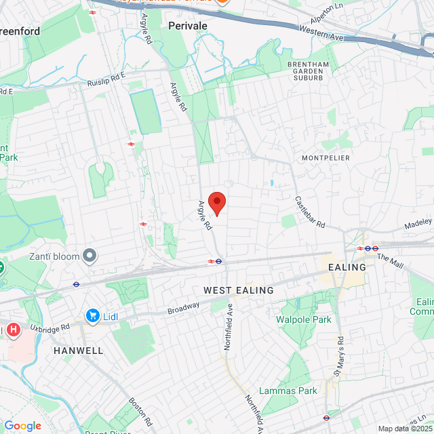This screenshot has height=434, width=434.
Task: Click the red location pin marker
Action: click(216, 202)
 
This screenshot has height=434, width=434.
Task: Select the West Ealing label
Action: click(239, 290)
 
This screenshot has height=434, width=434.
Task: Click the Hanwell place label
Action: click(79, 351)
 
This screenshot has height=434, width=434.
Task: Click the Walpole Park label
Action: click(303, 319)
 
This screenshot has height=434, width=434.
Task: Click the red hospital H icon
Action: click(13, 330)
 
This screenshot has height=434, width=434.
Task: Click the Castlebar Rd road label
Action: click(310, 212)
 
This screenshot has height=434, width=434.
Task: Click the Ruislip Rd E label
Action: click(106, 79)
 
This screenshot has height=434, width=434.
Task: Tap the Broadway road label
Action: click(184, 307)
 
